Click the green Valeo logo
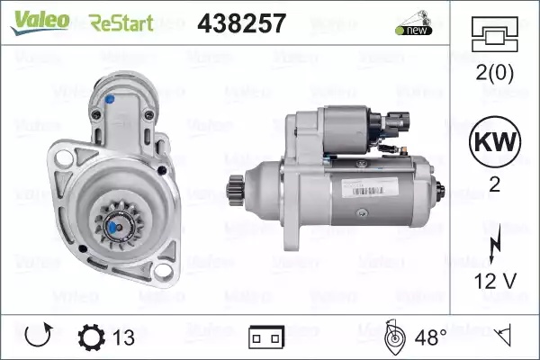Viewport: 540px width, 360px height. point(40,22)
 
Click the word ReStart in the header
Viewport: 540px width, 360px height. point(121,23)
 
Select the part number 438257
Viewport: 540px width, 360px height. point(242,23)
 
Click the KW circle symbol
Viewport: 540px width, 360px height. point(495,141)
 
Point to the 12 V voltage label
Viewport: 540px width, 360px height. point(495,281)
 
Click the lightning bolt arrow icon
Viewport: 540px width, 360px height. point(495,243)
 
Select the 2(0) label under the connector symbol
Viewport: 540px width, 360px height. point(494,73)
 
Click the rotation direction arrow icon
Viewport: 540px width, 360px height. point(39,335)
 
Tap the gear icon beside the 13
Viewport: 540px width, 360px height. point(91,337)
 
